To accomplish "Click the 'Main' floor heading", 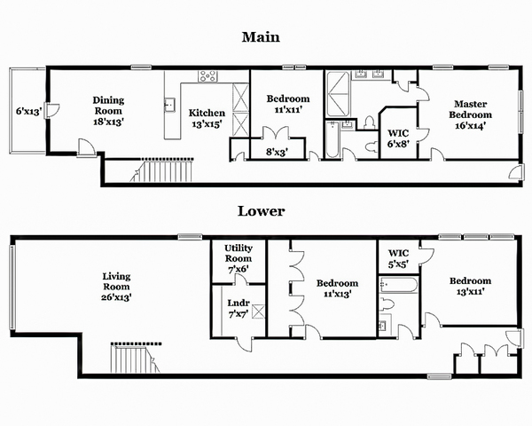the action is [261, 36].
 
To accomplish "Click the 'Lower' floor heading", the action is [261, 211].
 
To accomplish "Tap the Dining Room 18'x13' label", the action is [108, 111].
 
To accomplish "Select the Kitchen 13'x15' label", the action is [207, 118].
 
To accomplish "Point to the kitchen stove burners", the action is [207, 76].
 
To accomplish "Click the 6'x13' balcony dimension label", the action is [29, 111].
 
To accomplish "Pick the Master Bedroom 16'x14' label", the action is [470, 114].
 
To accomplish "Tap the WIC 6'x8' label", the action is [398, 138].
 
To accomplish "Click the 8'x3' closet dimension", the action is [277, 152].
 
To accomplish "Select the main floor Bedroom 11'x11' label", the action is [287, 104].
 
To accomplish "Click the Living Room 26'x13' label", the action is [116, 287].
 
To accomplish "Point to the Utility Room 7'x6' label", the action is [239, 258].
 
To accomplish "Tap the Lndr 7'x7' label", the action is [239, 309].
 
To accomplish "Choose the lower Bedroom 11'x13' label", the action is [337, 288].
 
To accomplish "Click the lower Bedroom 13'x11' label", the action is [470, 286].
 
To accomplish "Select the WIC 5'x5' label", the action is [398, 258].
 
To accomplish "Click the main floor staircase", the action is [162, 170].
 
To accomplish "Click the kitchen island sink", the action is [169, 105].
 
